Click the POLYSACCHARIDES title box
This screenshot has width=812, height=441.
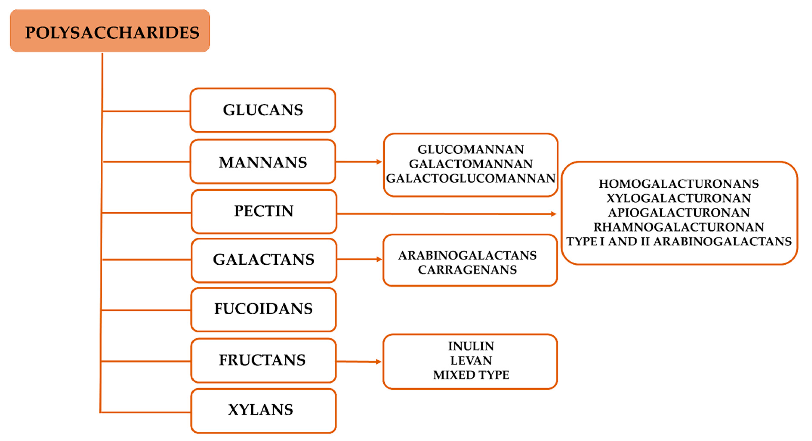click(110, 31)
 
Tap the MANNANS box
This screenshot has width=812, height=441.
click(263, 162)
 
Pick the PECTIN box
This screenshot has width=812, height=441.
click(264, 211)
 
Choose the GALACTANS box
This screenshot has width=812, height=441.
click(264, 260)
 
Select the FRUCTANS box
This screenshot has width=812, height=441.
click(263, 360)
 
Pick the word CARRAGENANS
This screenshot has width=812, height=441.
click(467, 270)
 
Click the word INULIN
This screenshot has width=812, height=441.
click(471, 346)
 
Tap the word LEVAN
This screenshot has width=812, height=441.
click(471, 361)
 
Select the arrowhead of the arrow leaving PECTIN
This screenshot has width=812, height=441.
click(553, 214)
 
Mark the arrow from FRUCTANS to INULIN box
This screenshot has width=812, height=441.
click(359, 362)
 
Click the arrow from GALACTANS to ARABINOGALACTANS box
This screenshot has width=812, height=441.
click(359, 260)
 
